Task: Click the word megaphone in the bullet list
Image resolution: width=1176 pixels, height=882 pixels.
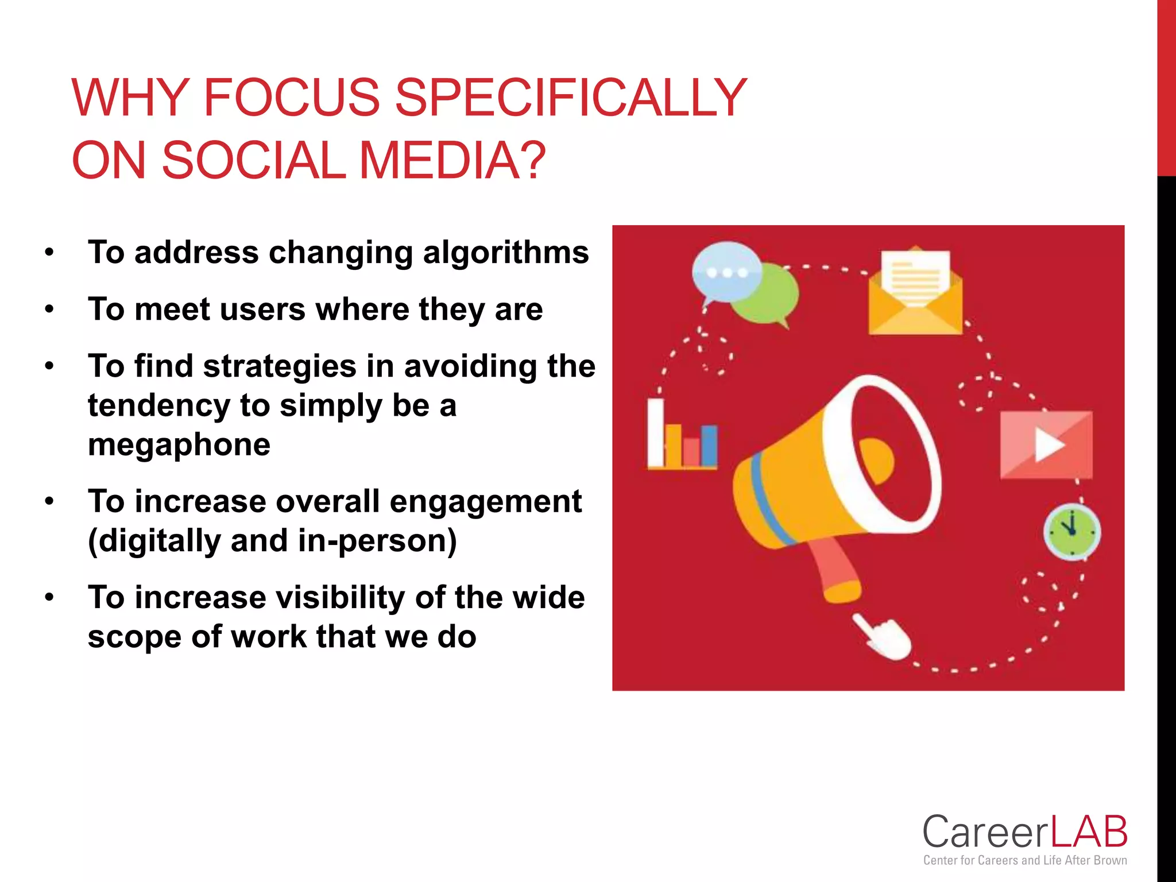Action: click(179, 445)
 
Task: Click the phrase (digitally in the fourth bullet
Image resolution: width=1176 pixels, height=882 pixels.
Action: click(154, 541)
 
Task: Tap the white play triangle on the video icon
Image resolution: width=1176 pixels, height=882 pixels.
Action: click(1049, 446)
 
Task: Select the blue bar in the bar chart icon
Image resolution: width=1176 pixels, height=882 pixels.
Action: click(709, 446)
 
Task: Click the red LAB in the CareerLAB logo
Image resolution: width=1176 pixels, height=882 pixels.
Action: click(1089, 832)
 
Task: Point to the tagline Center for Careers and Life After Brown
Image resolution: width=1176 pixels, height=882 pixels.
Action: click(1025, 860)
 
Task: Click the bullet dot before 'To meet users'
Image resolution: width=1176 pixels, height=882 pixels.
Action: click(50, 310)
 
